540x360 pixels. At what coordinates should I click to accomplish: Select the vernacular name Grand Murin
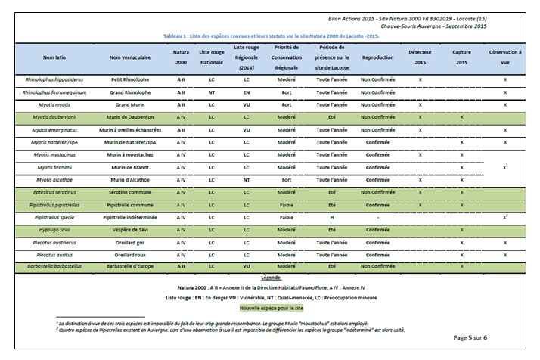pos(129,104)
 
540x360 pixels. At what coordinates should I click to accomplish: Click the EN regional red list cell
pos(247,92)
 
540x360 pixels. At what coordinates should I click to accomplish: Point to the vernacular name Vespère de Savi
pos(129,229)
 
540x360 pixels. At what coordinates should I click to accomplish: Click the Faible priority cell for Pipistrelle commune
pos(286,204)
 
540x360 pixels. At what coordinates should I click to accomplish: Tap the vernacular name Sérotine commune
pos(129,192)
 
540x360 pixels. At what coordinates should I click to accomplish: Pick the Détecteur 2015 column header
pos(419,57)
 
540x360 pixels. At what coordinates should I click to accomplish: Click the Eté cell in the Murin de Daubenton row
pos(331,117)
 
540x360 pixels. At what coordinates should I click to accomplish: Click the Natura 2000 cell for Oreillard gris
pos(181,242)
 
